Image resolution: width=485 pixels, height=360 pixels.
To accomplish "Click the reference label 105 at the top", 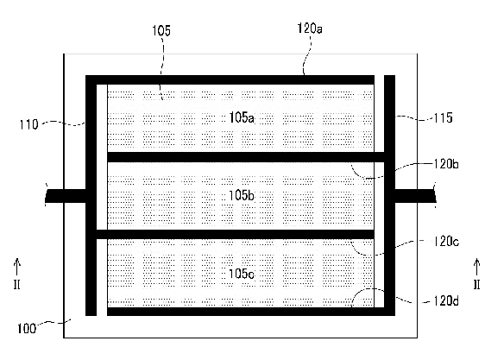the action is click(161, 30).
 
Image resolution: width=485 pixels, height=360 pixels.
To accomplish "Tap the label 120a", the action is click(310, 28).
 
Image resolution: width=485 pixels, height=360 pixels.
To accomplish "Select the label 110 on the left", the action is click(28, 124).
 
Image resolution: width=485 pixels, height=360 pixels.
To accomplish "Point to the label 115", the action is click(443, 118).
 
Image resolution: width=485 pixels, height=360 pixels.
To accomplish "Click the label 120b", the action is click(446, 164).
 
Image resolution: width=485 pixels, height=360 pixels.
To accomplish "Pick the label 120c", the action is click(446, 242).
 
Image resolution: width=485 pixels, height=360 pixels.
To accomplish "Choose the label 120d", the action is click(446, 300).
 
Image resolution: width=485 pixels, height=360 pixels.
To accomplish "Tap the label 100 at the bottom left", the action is click(27, 328).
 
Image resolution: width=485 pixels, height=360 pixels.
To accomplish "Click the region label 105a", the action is click(242, 117).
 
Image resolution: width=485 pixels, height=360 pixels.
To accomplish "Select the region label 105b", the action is click(242, 196).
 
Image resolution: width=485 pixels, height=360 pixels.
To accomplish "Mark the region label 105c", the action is click(242, 274).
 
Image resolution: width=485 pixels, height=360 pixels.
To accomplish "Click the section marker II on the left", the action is click(17, 284).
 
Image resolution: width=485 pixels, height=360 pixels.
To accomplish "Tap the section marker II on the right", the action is click(476, 284).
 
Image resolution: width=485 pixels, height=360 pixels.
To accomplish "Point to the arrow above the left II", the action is click(17, 267).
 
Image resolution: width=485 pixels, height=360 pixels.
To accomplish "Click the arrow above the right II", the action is click(476, 267).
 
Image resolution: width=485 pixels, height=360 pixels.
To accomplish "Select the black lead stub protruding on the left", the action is click(66, 196).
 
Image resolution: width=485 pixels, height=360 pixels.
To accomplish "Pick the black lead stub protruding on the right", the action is click(415, 196).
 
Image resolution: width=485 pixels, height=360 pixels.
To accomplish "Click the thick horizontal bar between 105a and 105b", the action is click(246, 157).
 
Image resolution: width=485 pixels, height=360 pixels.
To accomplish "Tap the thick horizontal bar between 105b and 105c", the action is click(236, 234).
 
